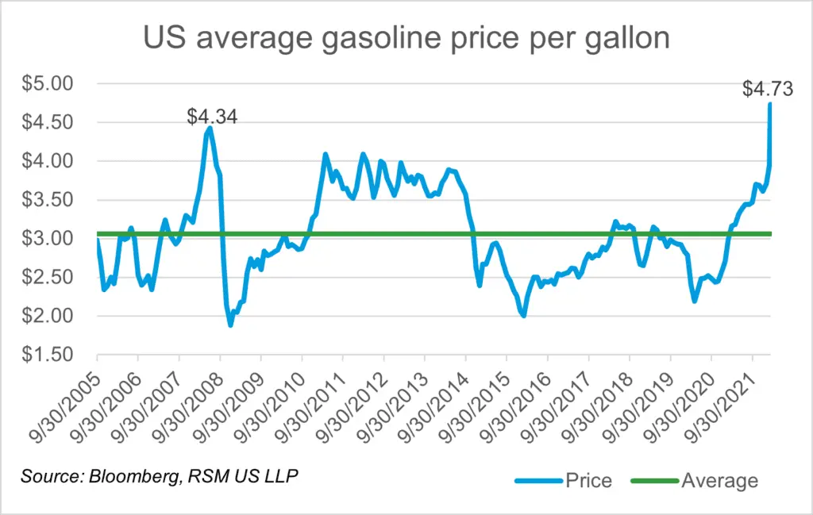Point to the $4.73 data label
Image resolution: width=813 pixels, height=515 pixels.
pyautogui.click(x=767, y=89)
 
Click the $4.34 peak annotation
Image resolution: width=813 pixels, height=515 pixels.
pyautogui.click(x=212, y=117)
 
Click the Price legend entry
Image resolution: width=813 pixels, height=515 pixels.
pyautogui.click(x=564, y=481)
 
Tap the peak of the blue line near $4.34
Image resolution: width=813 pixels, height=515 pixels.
pyautogui.click(x=209, y=127)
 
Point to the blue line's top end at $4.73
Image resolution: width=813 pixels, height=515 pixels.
pyautogui.click(x=770, y=105)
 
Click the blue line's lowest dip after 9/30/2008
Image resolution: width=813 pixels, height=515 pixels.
pyautogui.click(x=230, y=325)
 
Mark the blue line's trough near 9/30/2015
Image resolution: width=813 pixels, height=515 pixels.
pyautogui.click(x=523, y=315)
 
